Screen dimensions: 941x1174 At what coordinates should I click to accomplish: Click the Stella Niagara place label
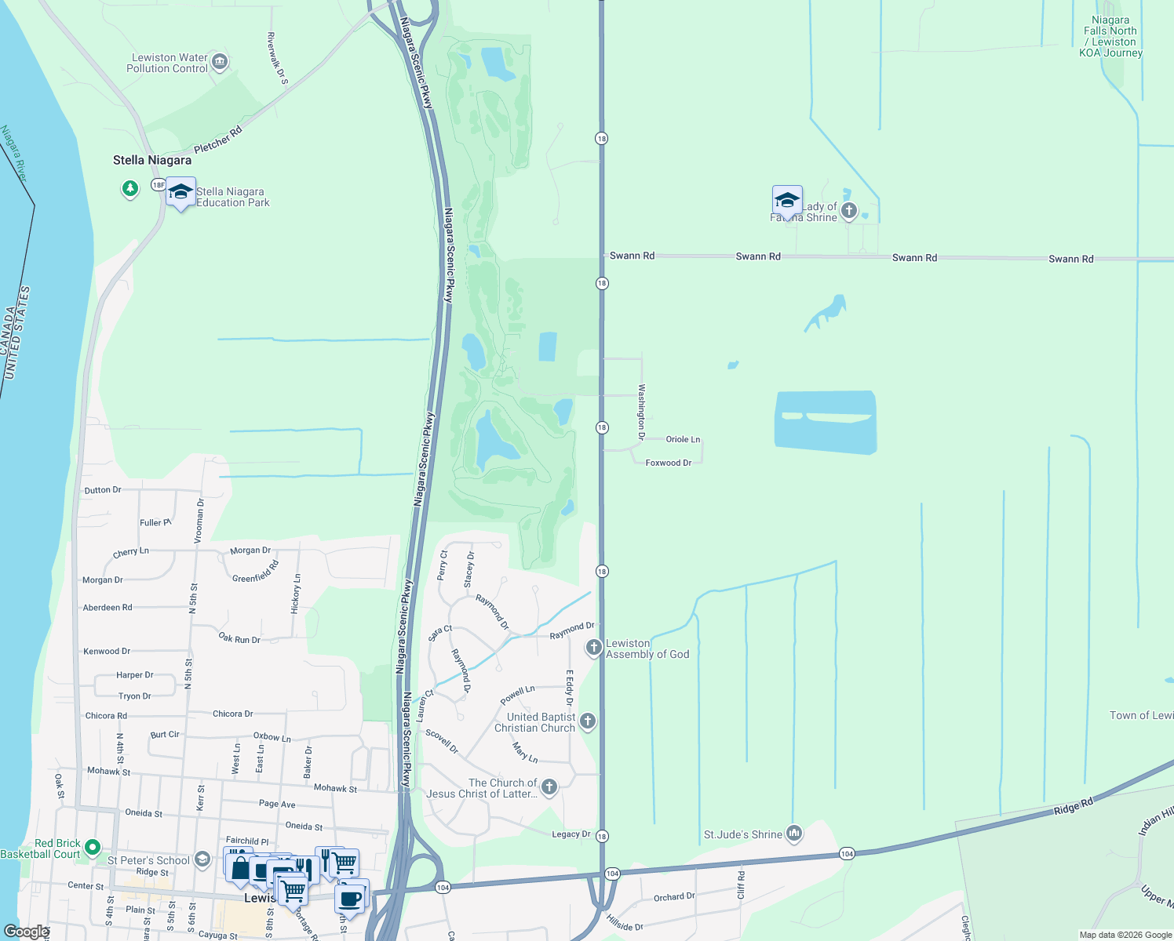point(152,160)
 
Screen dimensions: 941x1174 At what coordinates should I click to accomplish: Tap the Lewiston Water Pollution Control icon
point(220,61)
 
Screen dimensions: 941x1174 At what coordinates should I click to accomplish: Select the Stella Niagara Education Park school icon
point(180,193)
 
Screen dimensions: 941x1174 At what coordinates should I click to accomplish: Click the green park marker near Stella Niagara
point(130,188)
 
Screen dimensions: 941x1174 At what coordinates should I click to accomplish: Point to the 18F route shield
point(159,185)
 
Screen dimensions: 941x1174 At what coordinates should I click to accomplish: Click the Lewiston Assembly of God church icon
point(594,648)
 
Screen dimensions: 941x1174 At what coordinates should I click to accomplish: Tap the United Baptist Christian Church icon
point(587,721)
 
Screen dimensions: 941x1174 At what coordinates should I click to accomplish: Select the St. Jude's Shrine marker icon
point(794,833)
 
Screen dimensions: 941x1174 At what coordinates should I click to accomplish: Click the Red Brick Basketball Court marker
point(93,847)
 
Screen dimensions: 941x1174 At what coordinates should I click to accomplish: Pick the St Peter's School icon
point(202,859)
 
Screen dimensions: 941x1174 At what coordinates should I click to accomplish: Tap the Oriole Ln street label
point(683,439)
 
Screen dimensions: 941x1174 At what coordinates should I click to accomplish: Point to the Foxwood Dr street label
point(669,463)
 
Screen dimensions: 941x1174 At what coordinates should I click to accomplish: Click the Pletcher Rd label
point(218,140)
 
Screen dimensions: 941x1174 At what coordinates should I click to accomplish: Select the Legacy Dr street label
point(571,834)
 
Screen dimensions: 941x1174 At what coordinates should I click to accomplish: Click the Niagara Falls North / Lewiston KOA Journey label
point(1110,37)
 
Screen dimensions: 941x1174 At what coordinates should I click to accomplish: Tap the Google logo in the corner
point(26,932)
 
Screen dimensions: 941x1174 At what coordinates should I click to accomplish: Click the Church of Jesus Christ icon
point(549,787)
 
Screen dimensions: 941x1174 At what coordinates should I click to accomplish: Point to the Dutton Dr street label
point(103,490)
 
